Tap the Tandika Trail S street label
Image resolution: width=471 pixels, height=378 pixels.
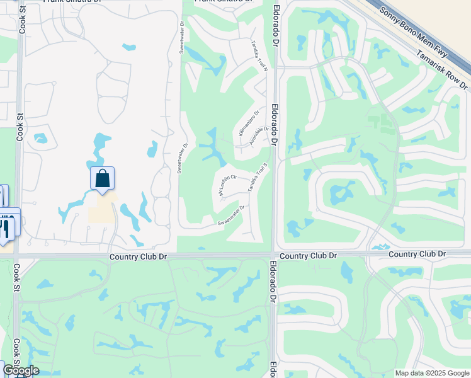(x=259, y=178)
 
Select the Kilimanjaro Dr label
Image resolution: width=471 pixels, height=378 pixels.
(x=248, y=123)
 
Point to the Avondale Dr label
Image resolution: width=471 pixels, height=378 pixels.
(x=259, y=136)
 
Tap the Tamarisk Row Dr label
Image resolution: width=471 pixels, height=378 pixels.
(x=443, y=69)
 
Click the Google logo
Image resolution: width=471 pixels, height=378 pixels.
(x=20, y=370)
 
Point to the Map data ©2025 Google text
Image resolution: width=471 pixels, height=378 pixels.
(x=432, y=373)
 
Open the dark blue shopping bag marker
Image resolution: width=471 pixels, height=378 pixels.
(x=103, y=178)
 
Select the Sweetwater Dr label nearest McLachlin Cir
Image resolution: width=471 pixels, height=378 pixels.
(x=231, y=215)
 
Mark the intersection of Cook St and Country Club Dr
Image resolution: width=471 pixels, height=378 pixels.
(x=17, y=256)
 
